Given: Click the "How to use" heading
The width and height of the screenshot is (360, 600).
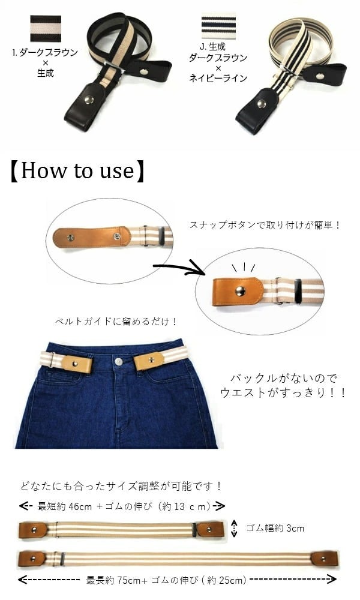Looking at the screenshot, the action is [78, 170].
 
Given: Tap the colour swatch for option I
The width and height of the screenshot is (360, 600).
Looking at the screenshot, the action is [46, 29].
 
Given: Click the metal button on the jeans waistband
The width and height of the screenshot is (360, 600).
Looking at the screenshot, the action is [119, 361].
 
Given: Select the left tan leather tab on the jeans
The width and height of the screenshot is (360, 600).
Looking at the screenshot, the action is [76, 363].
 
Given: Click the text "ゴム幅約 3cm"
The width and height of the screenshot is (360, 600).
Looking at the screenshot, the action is [275, 529].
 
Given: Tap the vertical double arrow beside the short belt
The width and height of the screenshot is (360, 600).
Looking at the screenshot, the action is [235, 529].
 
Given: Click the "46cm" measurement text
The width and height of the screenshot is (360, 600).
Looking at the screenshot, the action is [80, 506].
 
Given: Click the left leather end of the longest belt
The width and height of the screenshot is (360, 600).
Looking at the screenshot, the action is [32, 558].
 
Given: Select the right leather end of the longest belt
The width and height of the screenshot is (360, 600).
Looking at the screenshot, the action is [325, 559].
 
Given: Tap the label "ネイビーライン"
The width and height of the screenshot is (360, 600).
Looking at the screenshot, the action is [218, 79].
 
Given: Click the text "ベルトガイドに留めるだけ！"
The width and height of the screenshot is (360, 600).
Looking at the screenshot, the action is [116, 322].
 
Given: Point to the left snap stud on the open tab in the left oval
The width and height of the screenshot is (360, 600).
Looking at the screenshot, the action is [71, 238].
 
